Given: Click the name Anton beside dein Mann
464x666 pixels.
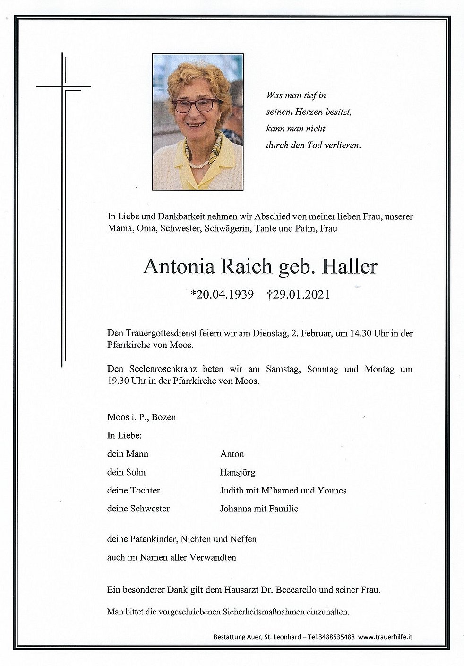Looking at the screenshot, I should coord(232,454).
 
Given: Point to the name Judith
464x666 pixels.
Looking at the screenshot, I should coord(232,490).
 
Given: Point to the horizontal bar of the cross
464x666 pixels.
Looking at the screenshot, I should coord(63,87).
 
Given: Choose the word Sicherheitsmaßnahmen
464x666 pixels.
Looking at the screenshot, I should coord(273,612).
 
